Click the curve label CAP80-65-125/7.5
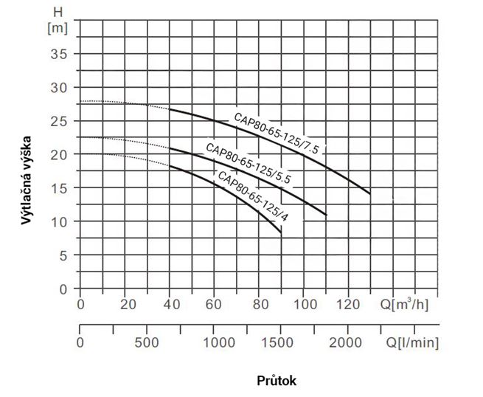[277, 133]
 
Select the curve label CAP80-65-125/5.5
[248, 163]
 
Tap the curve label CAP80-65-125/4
[253, 196]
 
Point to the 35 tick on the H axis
[58, 55]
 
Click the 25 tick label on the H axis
[58, 122]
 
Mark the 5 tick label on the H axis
[63, 255]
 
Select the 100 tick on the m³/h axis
[305, 305]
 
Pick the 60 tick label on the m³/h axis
[213, 305]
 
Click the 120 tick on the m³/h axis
[348, 305]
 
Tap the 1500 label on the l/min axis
[277, 342]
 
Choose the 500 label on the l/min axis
[147, 342]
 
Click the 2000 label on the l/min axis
[345, 342]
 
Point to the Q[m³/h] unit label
[404, 305]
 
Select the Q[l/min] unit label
[412, 342]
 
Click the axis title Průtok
[277, 381]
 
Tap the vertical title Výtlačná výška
[27, 180]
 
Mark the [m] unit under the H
[58, 28]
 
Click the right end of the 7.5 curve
[370, 194]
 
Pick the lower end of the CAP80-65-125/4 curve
[281, 232]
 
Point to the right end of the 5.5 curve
[327, 215]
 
